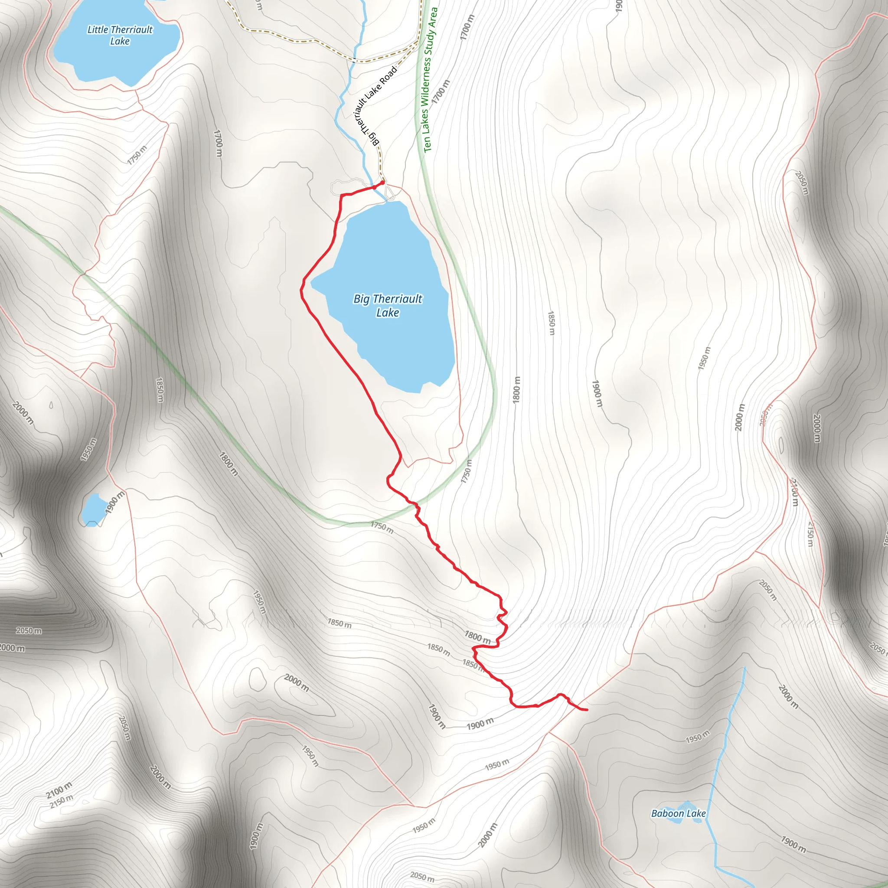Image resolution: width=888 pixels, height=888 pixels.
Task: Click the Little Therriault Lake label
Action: tap(120, 36)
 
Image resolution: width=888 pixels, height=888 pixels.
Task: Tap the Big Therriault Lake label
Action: tap(388, 306)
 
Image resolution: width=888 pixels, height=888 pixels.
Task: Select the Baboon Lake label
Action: tap(678, 813)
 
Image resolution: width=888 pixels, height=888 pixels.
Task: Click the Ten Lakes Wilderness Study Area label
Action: tap(430, 81)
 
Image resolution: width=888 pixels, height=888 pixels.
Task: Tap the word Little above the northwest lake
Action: tap(98, 30)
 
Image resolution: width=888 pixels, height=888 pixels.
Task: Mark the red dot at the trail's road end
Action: tap(382, 183)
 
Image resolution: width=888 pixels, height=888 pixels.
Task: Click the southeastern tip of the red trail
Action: tap(587, 710)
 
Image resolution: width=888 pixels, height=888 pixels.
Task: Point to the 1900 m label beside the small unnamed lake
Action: tap(114, 503)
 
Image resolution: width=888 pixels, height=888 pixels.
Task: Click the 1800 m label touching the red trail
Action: tap(477, 637)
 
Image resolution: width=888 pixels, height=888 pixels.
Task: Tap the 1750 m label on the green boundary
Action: tap(382, 527)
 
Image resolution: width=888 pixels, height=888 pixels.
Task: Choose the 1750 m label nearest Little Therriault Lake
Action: tap(137, 155)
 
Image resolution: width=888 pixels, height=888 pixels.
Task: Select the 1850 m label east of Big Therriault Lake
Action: tap(552, 323)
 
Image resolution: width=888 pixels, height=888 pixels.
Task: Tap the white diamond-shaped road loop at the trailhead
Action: tap(390, 192)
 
